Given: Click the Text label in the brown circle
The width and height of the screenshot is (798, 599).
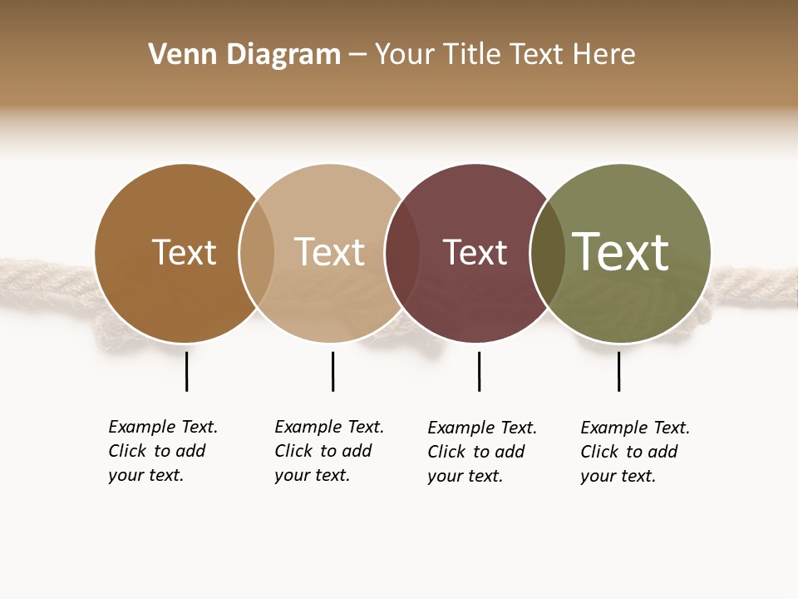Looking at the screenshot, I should [184, 252].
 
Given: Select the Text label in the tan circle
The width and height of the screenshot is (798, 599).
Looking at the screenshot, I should [329, 252].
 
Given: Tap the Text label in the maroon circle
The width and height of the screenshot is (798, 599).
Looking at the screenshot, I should [475, 252].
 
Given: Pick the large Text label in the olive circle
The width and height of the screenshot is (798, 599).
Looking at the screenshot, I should [621, 252].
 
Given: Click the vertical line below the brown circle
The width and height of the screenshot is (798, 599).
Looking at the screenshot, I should [187, 371].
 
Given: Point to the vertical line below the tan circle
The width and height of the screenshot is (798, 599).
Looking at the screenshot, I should [332, 371].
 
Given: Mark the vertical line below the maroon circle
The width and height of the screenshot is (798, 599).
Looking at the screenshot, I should [479, 371].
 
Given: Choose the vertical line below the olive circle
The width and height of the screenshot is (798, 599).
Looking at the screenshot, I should [618, 371].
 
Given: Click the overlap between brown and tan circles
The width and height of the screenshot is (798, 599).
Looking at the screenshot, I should [257, 253].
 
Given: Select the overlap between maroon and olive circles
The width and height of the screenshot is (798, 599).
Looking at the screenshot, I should [548, 253].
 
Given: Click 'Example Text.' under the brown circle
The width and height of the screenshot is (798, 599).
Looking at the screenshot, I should [163, 427].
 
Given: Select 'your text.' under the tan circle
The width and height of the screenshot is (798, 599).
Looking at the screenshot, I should [312, 475].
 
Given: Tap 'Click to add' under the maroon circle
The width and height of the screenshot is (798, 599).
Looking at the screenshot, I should [475, 452].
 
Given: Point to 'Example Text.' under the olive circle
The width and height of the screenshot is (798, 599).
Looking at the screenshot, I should [635, 428].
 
